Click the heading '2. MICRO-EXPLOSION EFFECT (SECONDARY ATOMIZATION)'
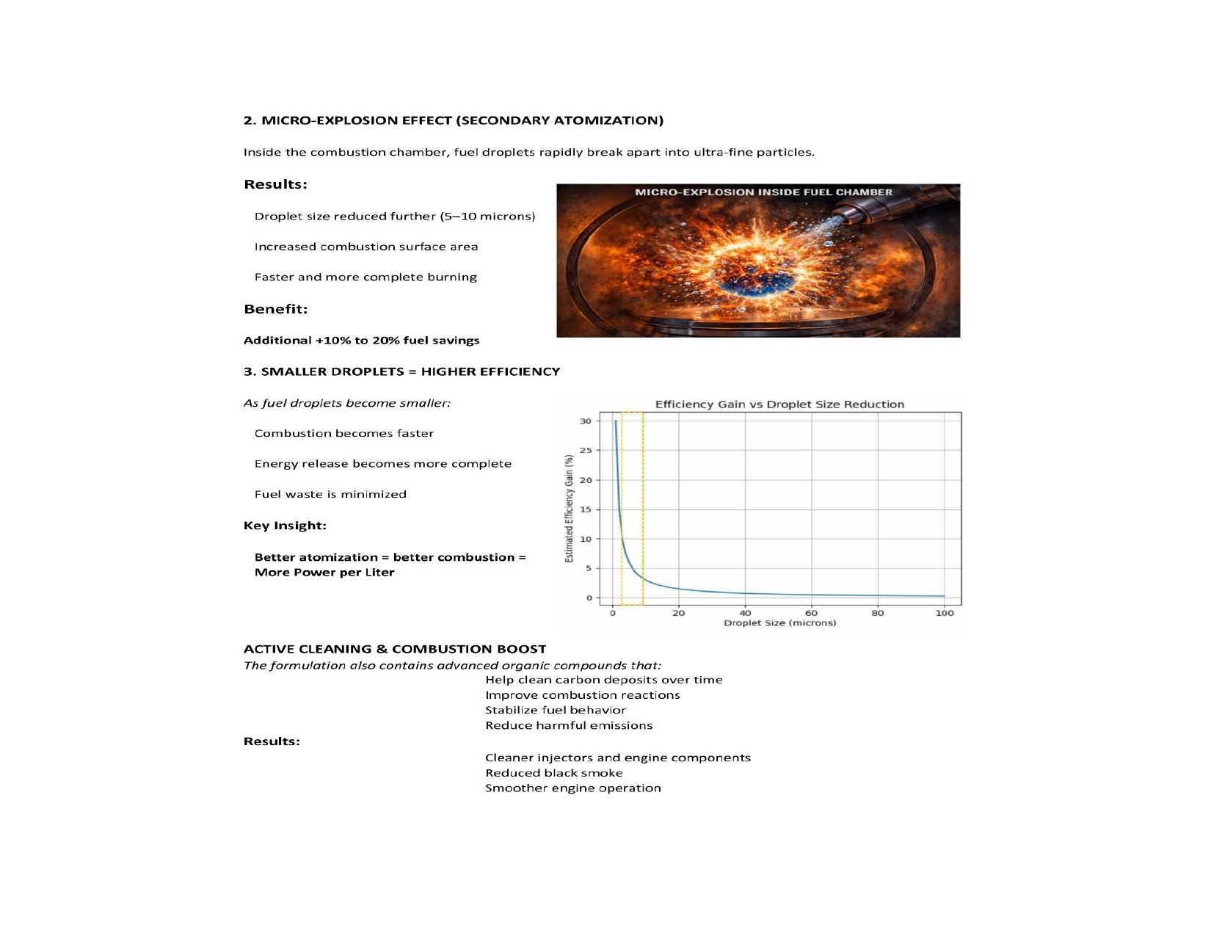coord(453,120)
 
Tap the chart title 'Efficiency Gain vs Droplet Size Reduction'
coord(779,404)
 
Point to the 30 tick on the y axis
coord(585,421)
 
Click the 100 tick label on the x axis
coord(944,613)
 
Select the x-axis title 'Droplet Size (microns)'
coord(779,623)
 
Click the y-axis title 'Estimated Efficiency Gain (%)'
coord(569,509)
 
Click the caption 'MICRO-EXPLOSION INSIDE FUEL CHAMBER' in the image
coord(763,192)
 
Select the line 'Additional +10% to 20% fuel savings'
coord(361,341)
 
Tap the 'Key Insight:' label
coord(285,526)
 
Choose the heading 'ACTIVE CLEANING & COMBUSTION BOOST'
coord(395,649)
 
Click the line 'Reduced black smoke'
coord(553,773)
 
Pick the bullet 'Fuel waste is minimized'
coord(330,495)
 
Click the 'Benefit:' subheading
coord(275,309)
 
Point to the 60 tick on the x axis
coord(811,613)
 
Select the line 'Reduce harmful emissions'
coord(569,726)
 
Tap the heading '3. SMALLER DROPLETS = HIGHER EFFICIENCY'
coord(401,371)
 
